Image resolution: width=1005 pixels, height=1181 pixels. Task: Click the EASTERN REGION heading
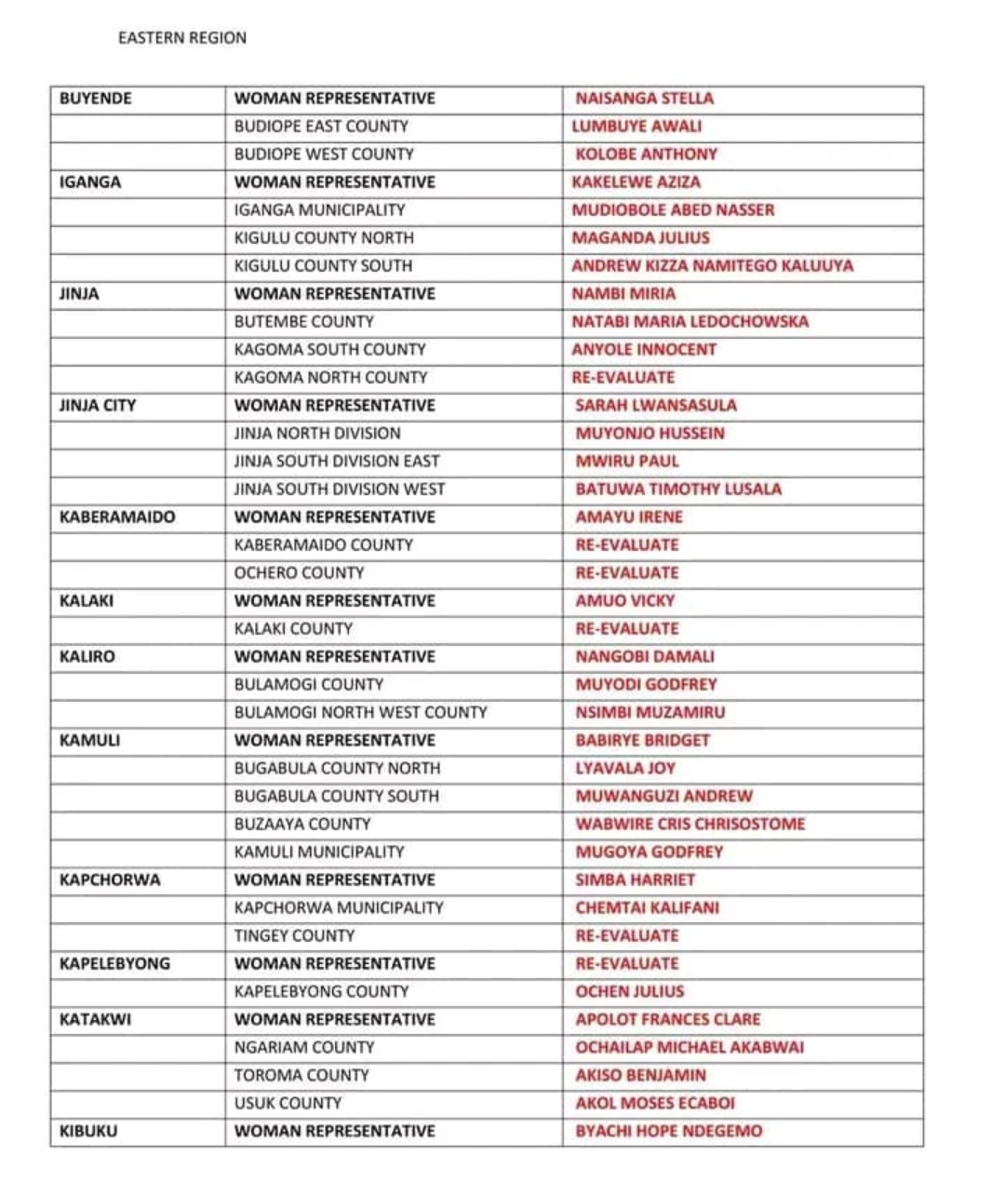[x=182, y=38]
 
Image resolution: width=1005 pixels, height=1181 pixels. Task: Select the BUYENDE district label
[x=95, y=99]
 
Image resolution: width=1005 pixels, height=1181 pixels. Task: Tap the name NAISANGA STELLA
[x=644, y=99]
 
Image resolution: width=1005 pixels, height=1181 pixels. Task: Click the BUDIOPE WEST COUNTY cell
[x=324, y=154]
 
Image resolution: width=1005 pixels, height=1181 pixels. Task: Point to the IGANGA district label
[x=89, y=182]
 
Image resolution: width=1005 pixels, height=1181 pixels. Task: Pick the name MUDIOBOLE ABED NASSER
[x=673, y=210]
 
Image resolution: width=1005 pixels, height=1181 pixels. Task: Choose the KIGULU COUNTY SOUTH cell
[x=323, y=266]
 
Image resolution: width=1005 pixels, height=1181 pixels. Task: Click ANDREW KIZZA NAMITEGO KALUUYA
[x=712, y=266]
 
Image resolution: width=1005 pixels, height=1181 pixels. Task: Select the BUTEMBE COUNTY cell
[x=303, y=322]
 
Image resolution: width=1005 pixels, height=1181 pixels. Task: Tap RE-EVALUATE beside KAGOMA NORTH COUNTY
[x=623, y=378]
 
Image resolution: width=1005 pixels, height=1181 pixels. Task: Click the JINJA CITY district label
[x=97, y=406]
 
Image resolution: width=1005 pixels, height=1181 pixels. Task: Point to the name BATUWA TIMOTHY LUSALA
[x=678, y=490]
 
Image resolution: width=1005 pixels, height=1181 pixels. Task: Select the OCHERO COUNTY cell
[x=299, y=573]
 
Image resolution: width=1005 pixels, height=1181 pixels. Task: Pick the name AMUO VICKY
[x=624, y=601]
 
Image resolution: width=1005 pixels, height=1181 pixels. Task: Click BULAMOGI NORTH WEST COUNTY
[x=360, y=713]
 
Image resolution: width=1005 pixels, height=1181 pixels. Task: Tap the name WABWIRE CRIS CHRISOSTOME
[x=690, y=825]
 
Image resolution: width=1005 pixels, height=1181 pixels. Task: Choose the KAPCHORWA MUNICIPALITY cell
[x=339, y=908]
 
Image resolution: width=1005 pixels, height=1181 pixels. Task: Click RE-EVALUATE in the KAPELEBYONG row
[x=626, y=964]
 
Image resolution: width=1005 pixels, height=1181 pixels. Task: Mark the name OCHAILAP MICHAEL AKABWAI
[x=690, y=1048]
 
